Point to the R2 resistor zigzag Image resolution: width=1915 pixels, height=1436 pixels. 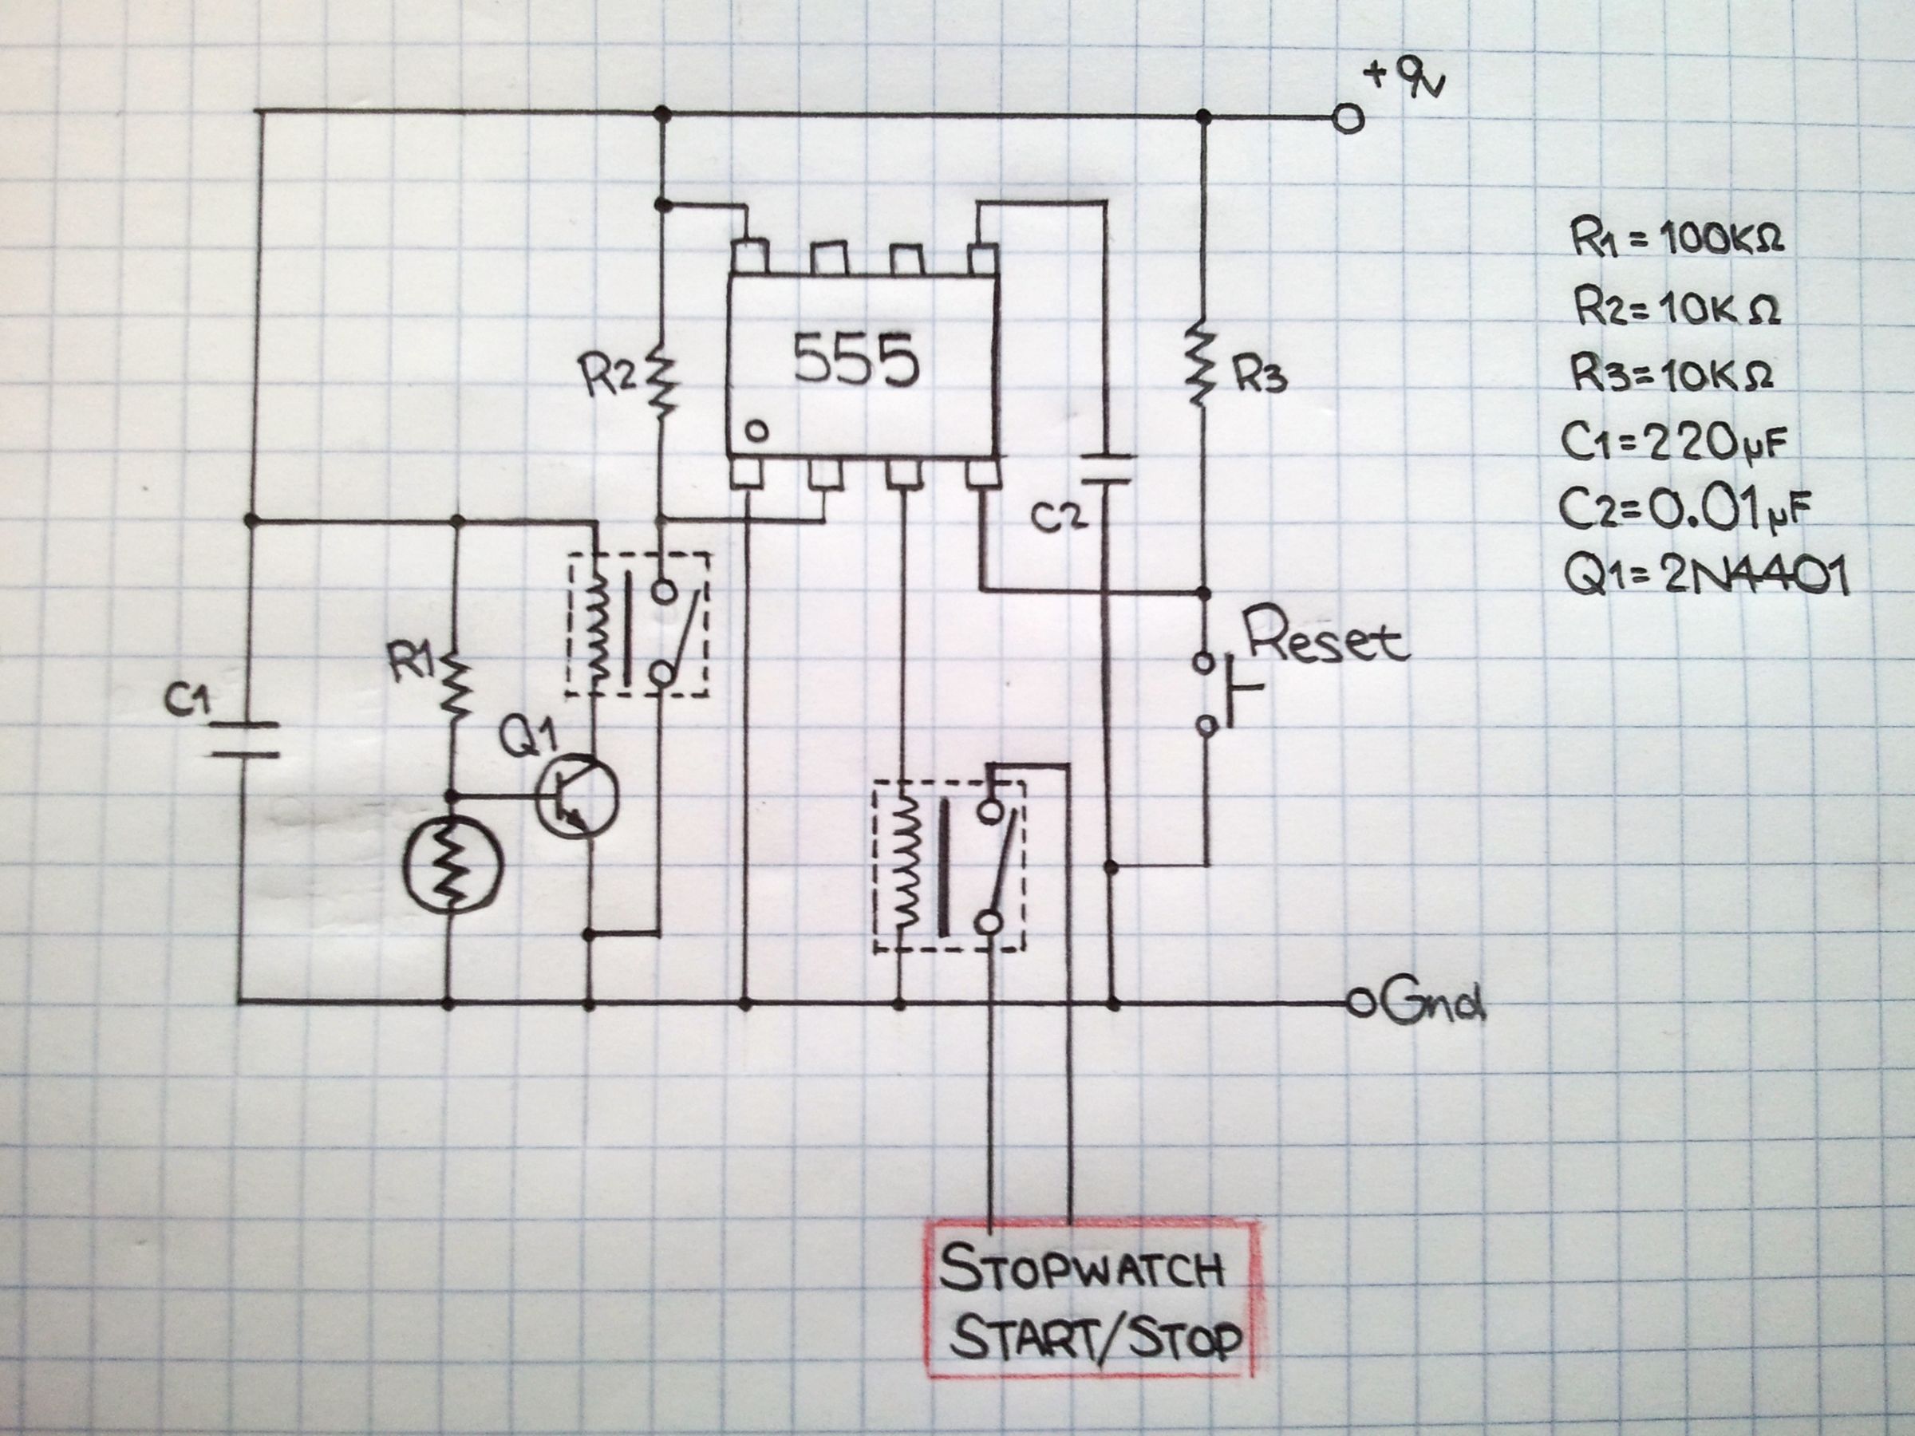(661, 381)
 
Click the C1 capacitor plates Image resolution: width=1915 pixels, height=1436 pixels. (246, 738)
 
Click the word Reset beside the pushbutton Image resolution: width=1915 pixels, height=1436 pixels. (1325, 641)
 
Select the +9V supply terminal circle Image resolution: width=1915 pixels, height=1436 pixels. (1348, 120)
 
